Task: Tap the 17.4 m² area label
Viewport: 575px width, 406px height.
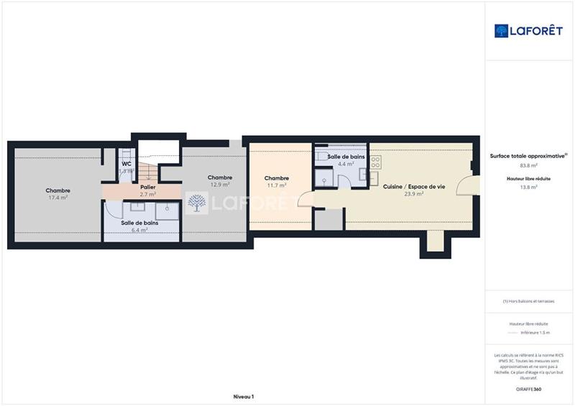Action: (x=57, y=197)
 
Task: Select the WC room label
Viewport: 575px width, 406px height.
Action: (x=126, y=163)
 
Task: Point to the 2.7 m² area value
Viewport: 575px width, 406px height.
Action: (x=148, y=194)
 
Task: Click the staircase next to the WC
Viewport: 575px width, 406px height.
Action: (x=147, y=171)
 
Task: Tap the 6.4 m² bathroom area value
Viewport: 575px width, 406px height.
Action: (x=139, y=230)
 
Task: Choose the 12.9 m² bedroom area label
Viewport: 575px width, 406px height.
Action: (x=219, y=184)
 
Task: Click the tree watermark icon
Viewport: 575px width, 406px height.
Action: (x=196, y=203)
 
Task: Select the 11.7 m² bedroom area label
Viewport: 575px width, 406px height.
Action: (x=276, y=185)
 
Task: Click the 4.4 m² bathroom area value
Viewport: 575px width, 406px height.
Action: (x=346, y=164)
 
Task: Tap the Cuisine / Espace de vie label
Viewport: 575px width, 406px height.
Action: (x=413, y=186)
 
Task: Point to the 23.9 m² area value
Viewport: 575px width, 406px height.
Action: (x=413, y=194)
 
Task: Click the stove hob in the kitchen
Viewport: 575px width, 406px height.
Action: (x=374, y=163)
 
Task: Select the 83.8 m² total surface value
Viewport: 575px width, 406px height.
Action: (x=528, y=166)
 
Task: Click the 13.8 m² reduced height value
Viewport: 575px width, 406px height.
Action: (x=528, y=186)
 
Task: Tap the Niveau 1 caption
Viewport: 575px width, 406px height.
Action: (x=244, y=397)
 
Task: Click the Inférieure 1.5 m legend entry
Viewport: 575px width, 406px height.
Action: (x=535, y=333)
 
